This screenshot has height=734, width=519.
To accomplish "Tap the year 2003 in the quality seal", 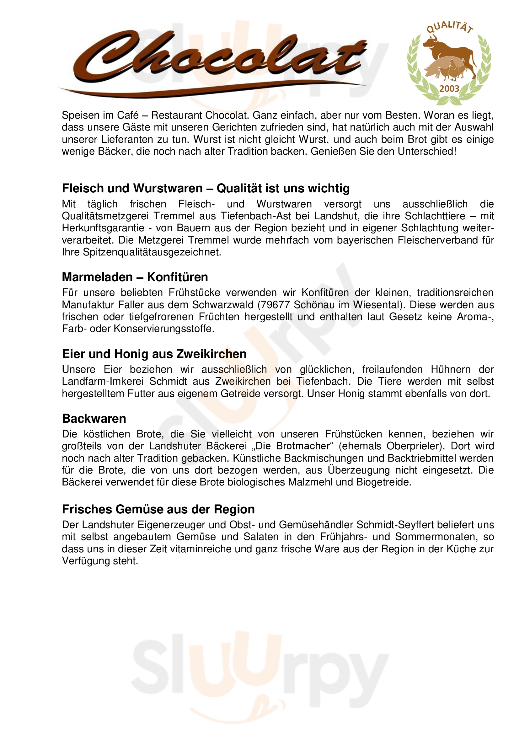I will (449, 88).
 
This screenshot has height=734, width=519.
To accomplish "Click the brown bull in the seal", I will (451, 51).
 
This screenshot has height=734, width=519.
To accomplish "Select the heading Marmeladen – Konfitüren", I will (135, 277).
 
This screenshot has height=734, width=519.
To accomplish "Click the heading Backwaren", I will (94, 419).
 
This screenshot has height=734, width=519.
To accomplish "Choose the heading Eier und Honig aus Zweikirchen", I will (154, 354).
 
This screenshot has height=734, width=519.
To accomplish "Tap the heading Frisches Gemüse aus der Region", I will (158, 509).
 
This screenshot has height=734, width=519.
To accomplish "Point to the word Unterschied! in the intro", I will (427, 151).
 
